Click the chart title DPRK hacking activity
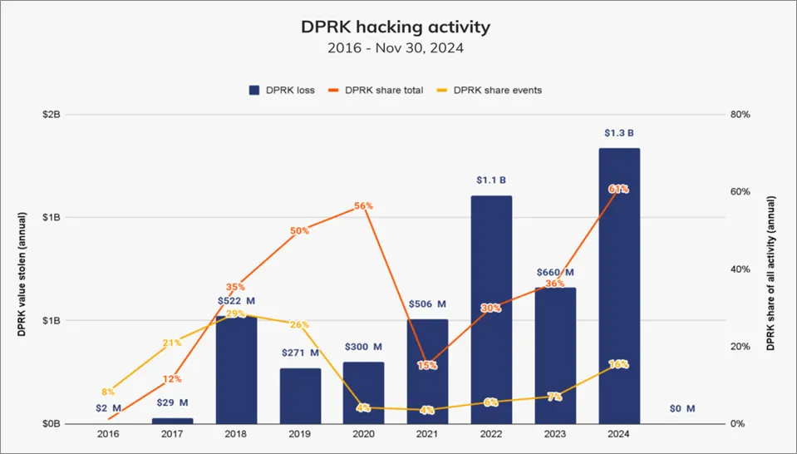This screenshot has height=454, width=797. click(395, 27)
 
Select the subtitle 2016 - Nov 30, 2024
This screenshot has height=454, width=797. click(395, 48)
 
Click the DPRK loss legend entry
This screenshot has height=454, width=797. click(282, 90)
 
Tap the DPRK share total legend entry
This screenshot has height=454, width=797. click(376, 90)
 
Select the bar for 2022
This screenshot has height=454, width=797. click(491, 309)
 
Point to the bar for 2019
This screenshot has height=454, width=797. click(300, 396)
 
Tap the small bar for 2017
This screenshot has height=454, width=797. click(172, 421)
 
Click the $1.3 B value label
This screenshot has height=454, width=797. click(619, 133)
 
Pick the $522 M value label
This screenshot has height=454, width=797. click(236, 300)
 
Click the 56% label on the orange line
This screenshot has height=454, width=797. click(364, 205)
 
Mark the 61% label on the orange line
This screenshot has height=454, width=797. click(618, 190)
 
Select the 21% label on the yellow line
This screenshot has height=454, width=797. click(172, 343)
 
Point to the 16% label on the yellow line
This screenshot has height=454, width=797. click(618, 364)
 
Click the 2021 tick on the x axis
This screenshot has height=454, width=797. click(427, 434)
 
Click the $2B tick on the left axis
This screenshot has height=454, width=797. click(50, 114)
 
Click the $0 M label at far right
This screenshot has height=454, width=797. click(682, 408)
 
